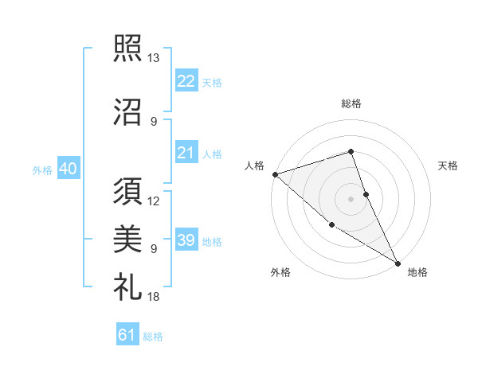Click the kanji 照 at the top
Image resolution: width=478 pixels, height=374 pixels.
(x=127, y=48)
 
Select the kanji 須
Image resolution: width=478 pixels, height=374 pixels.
(x=127, y=191)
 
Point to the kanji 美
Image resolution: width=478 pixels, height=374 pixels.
(x=127, y=238)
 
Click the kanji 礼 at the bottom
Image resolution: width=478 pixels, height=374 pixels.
(x=127, y=285)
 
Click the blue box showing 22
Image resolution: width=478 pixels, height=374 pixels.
(x=186, y=80)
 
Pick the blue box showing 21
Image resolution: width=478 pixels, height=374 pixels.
(x=186, y=153)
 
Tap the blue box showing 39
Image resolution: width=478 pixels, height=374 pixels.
(x=186, y=240)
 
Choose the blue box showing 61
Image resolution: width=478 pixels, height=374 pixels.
(x=127, y=335)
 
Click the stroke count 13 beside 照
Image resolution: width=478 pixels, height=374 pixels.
(x=153, y=58)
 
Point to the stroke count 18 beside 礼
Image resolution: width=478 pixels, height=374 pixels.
(x=153, y=296)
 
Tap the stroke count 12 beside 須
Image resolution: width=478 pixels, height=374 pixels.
(x=154, y=201)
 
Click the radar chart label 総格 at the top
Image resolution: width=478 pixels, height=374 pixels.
(x=351, y=103)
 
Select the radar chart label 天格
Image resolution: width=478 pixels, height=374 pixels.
(x=448, y=166)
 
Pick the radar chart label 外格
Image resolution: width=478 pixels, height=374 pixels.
(x=280, y=272)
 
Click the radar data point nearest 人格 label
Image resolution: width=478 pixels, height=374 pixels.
(x=275, y=174)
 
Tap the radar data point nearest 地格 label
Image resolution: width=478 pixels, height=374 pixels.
(x=398, y=263)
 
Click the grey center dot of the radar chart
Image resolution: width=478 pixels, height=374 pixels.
(x=351, y=198)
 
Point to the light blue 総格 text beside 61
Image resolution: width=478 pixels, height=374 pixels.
(x=153, y=337)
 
